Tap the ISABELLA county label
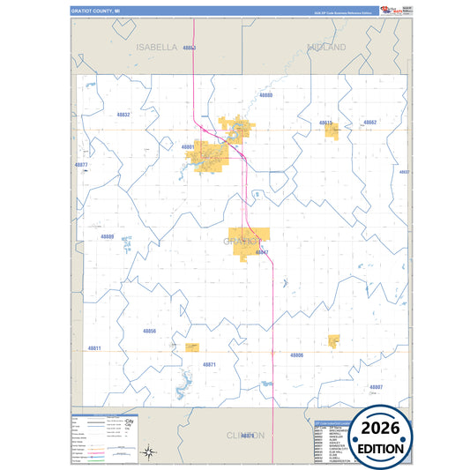pyautogui.click(x=157, y=47)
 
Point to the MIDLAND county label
pyautogui.click(x=327, y=46)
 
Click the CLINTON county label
pyautogui.click(x=244, y=436)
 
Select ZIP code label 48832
pyautogui.click(x=123, y=115)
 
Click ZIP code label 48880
pyautogui.click(x=265, y=94)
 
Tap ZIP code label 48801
pyautogui.click(x=187, y=146)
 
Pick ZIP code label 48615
pyautogui.click(x=325, y=123)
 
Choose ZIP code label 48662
pyautogui.click(x=370, y=122)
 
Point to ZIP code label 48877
pyautogui.click(x=81, y=165)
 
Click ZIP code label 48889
pyautogui.click(x=108, y=236)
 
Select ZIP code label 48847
pyautogui.click(x=262, y=252)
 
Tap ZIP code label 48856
pyautogui.click(x=149, y=331)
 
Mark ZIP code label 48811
pyautogui.click(x=93, y=348)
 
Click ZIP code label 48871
pyautogui.click(x=209, y=363)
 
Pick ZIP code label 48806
pyautogui.click(x=297, y=354)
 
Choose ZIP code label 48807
pyautogui.click(x=376, y=386)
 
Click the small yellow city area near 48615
pyautogui.click(x=332, y=131)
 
